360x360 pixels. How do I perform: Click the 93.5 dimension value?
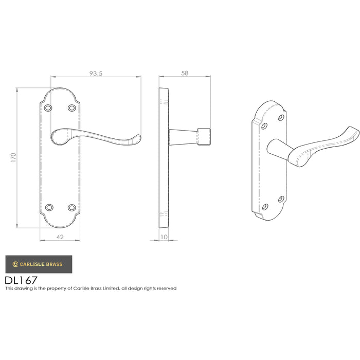[x=96, y=74]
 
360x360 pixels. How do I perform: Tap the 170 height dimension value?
[x=13, y=157]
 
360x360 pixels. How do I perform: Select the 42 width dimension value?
[x=60, y=237]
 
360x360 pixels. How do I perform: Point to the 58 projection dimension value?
[x=185, y=73]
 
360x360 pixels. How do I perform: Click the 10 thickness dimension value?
[x=164, y=237]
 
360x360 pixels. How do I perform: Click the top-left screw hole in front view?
[x=48, y=108]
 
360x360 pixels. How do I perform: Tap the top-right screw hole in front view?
[x=72, y=107]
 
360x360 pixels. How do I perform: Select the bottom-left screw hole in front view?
[x=49, y=208]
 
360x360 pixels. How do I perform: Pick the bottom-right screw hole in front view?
[x=72, y=208]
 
